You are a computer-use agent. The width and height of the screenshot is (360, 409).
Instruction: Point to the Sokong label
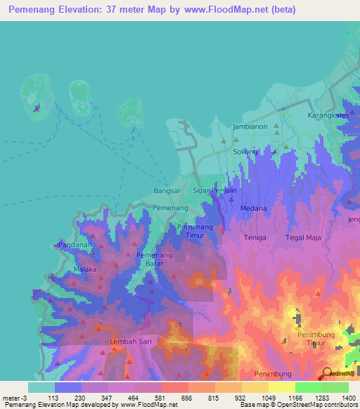[x=245, y=152]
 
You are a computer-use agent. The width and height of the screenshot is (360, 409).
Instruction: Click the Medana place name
[x=254, y=208]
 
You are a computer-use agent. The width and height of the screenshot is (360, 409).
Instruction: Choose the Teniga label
[x=255, y=238]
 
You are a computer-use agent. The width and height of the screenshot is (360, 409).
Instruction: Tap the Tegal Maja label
[x=304, y=238]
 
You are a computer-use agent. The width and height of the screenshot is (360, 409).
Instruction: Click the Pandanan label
[x=75, y=245]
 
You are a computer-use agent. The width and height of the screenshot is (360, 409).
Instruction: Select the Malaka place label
[x=84, y=269]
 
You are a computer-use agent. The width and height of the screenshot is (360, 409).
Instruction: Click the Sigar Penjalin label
[x=214, y=191]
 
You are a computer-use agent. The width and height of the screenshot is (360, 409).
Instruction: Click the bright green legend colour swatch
[x=308, y=387]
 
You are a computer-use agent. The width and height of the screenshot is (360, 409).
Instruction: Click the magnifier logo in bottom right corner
[x=326, y=374]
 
